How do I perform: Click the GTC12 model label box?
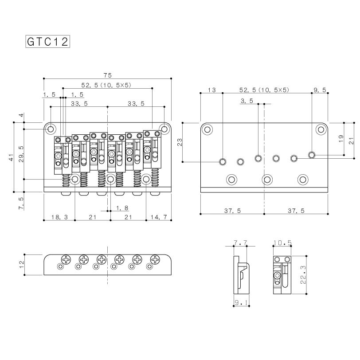coord(47,42)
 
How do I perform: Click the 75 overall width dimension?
coord(107,75)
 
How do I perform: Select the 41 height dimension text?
coord(11,157)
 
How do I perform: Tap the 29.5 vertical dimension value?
coord(21,154)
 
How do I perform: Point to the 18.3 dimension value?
coord(59,217)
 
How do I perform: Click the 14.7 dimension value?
coord(159,217)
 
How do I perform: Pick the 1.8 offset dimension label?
coord(122,208)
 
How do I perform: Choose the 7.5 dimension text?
coord(21,203)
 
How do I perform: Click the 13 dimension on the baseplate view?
coord(211,90)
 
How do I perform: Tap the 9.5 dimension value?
coord(320,90)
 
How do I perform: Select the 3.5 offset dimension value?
coord(247,101)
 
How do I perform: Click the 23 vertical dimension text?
coord(180,142)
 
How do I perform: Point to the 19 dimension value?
coord(341,138)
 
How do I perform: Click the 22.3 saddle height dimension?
coord(303,274)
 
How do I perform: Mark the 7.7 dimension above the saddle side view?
coord(240,243)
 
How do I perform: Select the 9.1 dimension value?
coord(241,303)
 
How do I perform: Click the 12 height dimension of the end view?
coord(22,265)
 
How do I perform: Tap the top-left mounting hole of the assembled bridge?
coord(51,129)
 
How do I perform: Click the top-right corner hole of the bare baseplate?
coord(321,129)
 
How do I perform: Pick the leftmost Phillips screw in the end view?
coord(66,260)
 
